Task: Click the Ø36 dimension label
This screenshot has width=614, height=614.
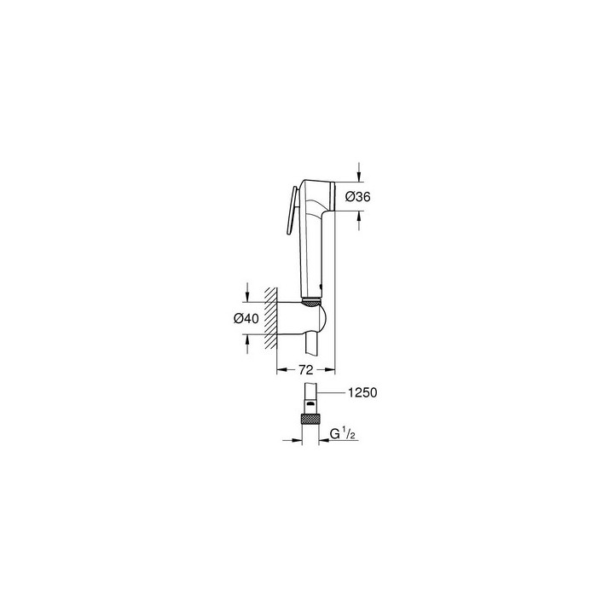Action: pos(357,197)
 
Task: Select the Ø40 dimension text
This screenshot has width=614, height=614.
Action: pos(246,318)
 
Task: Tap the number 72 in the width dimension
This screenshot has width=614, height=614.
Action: pos(306,369)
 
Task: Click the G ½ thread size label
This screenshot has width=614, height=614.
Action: pos(341,435)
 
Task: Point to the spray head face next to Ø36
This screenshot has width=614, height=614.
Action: pos(335,197)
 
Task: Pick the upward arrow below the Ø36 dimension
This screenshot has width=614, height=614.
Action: pos(358,219)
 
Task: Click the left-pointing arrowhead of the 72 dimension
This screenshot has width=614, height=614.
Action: pos(284,369)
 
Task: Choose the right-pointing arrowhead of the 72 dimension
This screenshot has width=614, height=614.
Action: pos(333,369)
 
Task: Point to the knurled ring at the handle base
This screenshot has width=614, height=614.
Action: pos(311,298)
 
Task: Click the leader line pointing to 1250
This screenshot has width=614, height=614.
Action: pos(333,392)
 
